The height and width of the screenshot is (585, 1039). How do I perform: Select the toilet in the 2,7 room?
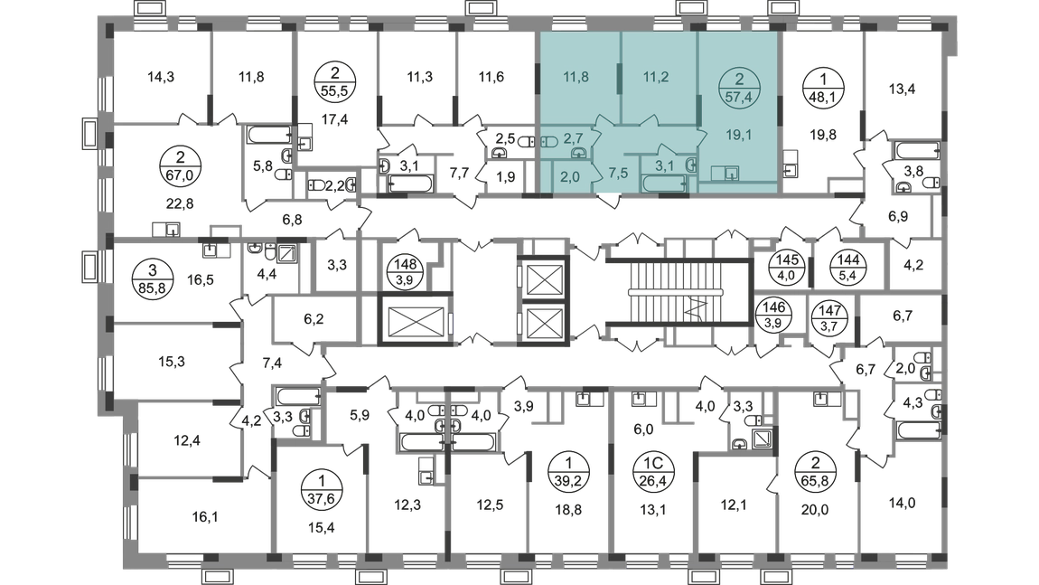(549, 141)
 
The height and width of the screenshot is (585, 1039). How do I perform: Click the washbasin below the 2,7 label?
(577, 153)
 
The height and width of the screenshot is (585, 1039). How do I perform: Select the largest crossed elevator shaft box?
(412, 316)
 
